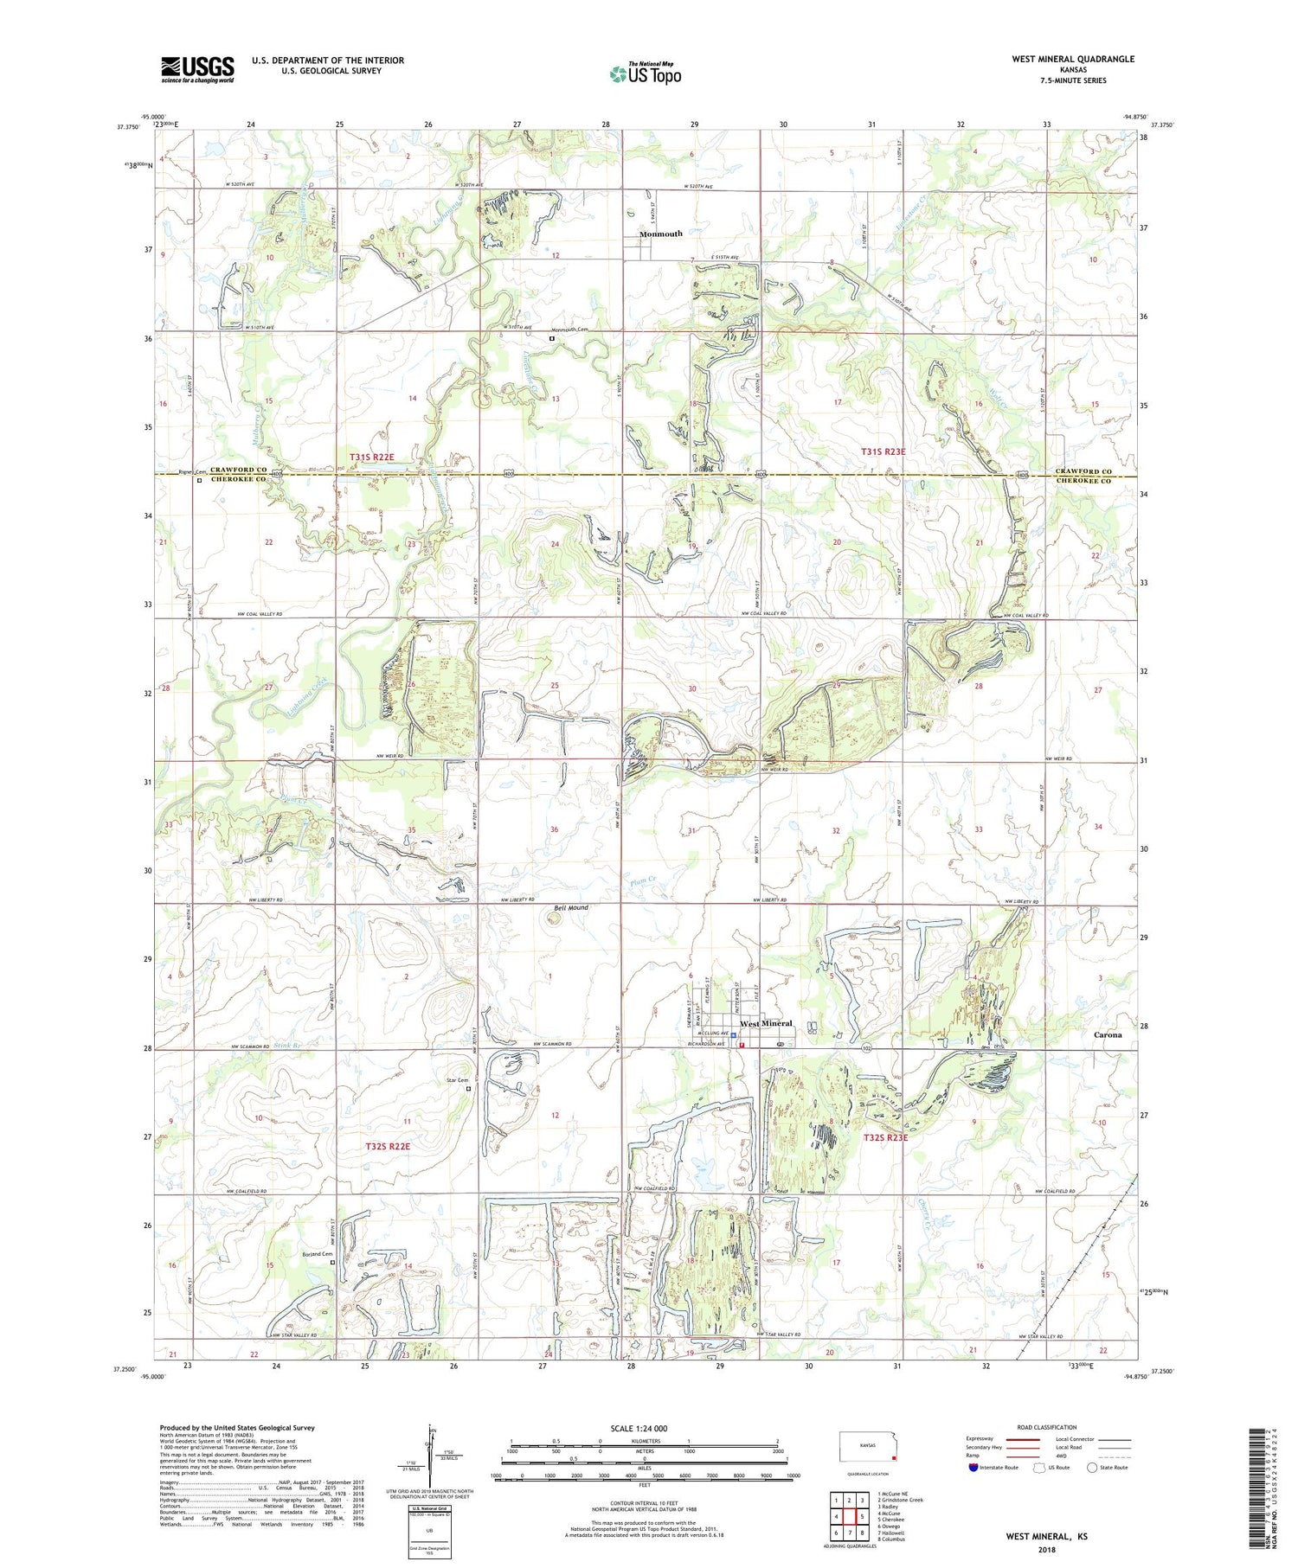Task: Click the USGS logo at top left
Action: point(197,69)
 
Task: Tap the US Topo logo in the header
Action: point(645,74)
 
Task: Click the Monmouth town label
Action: point(660,234)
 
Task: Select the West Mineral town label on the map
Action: point(766,1023)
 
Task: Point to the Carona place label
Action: point(1107,1034)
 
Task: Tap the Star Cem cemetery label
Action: point(456,1080)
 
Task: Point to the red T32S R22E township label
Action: point(387,1146)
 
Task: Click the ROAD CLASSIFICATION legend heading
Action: point(1047,1427)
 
